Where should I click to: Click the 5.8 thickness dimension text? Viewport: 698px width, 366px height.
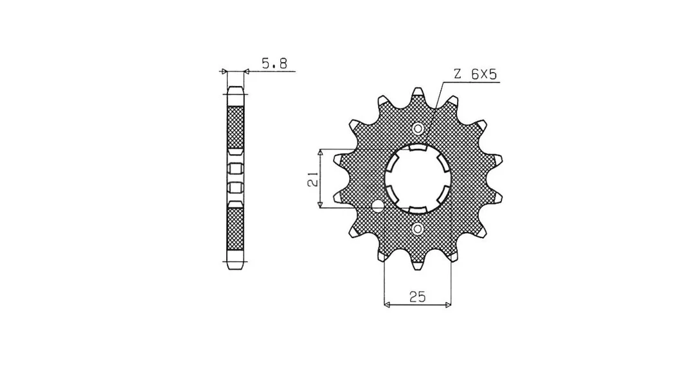274,64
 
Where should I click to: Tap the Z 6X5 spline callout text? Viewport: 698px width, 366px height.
475,74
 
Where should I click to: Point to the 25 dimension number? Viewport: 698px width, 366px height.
418,297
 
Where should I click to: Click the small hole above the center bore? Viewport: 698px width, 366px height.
418,128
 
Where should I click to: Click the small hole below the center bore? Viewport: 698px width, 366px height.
418,229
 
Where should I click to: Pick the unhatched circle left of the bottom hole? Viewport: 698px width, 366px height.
378,206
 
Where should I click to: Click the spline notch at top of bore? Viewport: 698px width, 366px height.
418,148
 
